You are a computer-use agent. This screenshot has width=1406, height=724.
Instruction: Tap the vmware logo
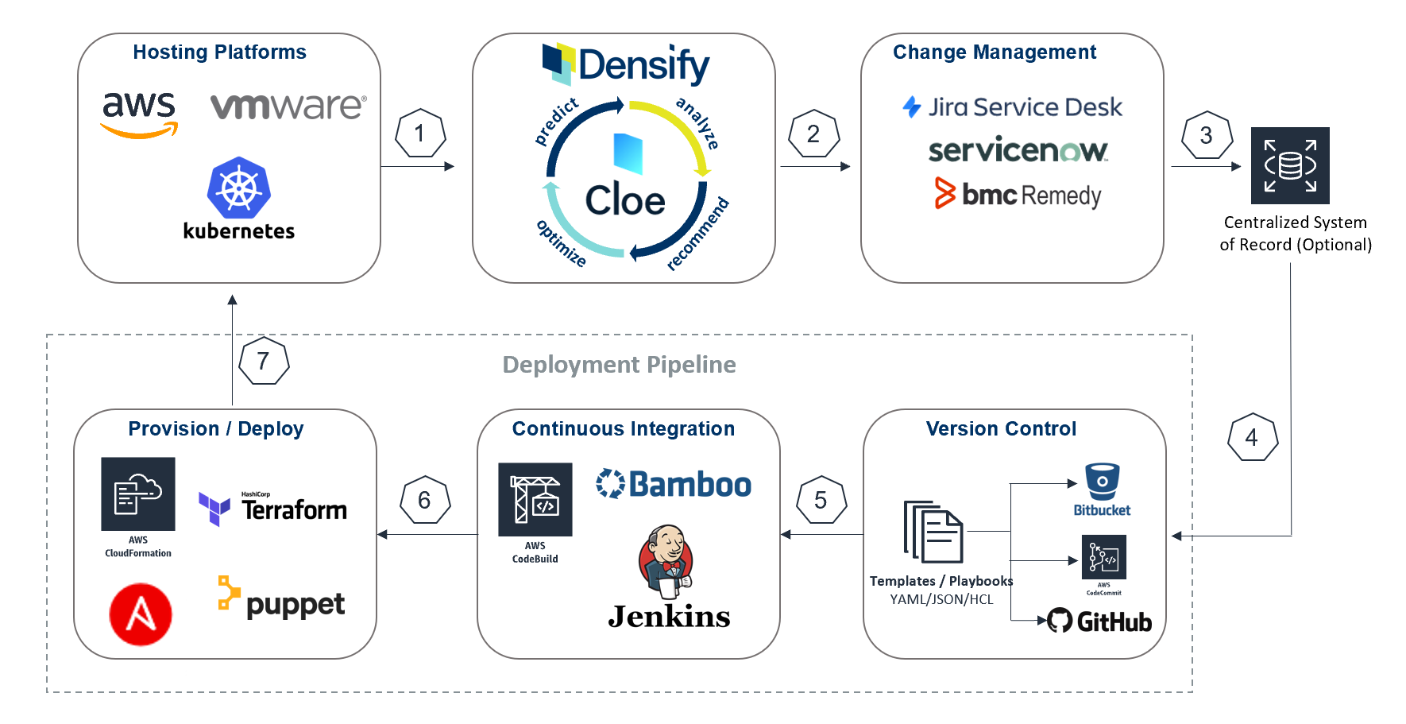click(288, 106)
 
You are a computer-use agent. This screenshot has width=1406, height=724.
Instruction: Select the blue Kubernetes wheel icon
click(239, 188)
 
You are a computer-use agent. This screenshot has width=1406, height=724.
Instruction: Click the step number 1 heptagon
click(420, 134)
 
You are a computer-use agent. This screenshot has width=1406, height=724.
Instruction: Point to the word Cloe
click(625, 200)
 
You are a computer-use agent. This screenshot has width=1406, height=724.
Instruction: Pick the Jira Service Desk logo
click(1012, 107)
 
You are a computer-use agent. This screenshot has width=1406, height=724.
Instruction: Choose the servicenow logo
click(1018, 150)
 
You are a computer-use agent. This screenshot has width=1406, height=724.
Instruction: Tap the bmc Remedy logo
click(1018, 194)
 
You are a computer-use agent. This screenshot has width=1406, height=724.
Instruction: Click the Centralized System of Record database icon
click(1290, 166)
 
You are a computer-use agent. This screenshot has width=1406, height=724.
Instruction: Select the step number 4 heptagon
click(1252, 437)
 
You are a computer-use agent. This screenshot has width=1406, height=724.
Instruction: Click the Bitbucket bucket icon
click(1102, 482)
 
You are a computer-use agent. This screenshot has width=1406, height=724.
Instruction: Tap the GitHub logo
click(1099, 621)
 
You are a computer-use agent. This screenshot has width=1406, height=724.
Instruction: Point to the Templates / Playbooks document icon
click(933, 532)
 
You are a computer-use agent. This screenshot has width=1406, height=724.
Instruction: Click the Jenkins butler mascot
click(666, 561)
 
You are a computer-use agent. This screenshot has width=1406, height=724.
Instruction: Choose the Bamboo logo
click(674, 484)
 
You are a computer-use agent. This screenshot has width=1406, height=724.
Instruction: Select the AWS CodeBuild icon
click(535, 500)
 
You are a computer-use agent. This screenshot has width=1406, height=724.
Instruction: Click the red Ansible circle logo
click(141, 614)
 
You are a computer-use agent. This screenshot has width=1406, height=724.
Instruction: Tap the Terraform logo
click(273, 508)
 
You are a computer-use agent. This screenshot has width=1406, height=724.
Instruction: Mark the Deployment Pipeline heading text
click(619, 365)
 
